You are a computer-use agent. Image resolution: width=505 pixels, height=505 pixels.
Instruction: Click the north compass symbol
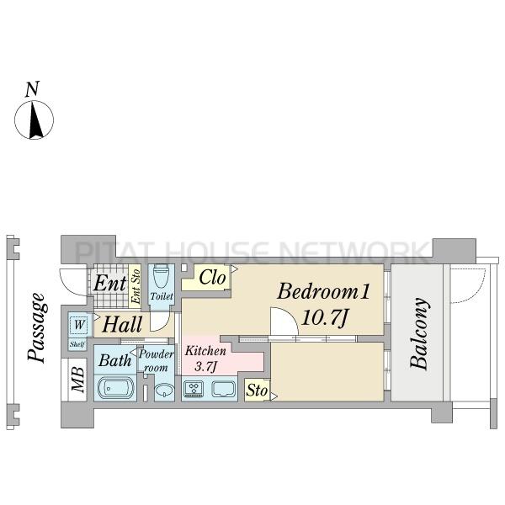click(x=35, y=120)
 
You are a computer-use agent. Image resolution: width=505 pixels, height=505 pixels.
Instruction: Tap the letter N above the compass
click(x=32, y=89)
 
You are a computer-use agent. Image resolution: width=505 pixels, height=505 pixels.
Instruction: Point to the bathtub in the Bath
click(x=115, y=388)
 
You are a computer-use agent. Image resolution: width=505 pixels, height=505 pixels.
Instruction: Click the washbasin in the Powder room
click(x=164, y=391)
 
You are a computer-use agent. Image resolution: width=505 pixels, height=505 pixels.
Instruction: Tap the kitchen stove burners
click(x=194, y=388)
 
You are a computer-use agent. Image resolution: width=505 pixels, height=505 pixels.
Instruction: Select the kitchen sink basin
click(x=224, y=388)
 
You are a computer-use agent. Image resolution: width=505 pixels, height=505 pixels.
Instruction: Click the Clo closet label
click(x=212, y=277)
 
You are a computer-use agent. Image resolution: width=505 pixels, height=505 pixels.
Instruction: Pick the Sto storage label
click(x=257, y=391)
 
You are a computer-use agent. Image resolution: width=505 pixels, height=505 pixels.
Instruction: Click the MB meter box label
click(x=78, y=380)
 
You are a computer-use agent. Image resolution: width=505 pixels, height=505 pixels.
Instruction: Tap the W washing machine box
click(x=79, y=324)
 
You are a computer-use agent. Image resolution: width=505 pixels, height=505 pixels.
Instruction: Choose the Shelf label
click(x=77, y=344)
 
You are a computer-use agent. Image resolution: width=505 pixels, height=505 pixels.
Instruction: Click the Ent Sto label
click(x=136, y=286)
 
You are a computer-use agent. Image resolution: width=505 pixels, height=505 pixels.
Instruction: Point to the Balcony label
click(x=418, y=333)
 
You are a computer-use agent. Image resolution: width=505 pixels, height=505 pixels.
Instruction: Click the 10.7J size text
click(x=325, y=317)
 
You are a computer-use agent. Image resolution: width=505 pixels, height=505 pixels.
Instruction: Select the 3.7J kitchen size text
click(x=206, y=366)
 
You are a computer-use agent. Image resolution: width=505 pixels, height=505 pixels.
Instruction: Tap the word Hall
click(x=122, y=324)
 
